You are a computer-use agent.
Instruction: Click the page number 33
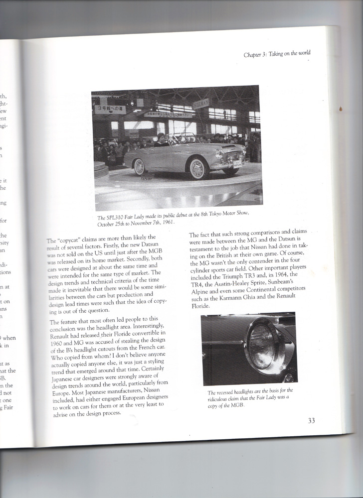click(311, 420)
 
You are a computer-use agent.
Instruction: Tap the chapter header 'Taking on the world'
click(290, 54)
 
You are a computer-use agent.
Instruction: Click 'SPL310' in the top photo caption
click(116, 218)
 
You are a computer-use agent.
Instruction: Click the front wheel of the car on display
click(197, 168)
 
